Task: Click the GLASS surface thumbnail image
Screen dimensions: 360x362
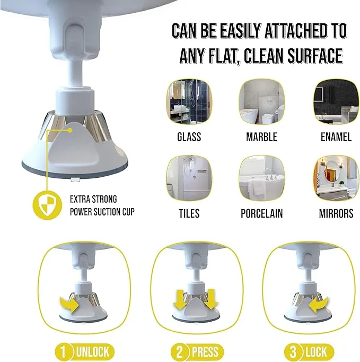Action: pyautogui.click(x=189, y=102)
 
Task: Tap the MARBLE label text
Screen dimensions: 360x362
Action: pyautogui.click(x=262, y=137)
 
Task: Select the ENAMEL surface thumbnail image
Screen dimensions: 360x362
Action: pyautogui.click(x=336, y=102)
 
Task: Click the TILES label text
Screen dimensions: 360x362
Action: pyautogui.click(x=189, y=213)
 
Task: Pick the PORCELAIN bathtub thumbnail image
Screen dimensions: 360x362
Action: pyautogui.click(x=262, y=178)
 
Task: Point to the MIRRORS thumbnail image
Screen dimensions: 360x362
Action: pyautogui.click(x=336, y=178)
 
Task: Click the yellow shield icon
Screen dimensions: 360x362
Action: pyautogui.click(x=47, y=205)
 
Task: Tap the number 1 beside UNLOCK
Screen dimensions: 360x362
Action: pyautogui.click(x=63, y=352)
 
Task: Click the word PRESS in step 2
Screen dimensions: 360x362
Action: pyautogui.click(x=205, y=352)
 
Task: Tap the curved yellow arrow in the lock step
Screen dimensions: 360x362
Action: pyautogui.click(x=319, y=305)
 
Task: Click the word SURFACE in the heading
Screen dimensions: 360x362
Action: pyautogui.click(x=315, y=56)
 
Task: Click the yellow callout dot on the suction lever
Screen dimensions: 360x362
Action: pyautogui.click(x=69, y=131)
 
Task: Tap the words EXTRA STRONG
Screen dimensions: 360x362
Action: pyautogui.click(x=93, y=199)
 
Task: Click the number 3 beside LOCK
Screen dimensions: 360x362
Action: pyautogui.click(x=293, y=352)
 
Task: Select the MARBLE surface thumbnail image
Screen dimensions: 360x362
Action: pyautogui.click(x=262, y=102)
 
